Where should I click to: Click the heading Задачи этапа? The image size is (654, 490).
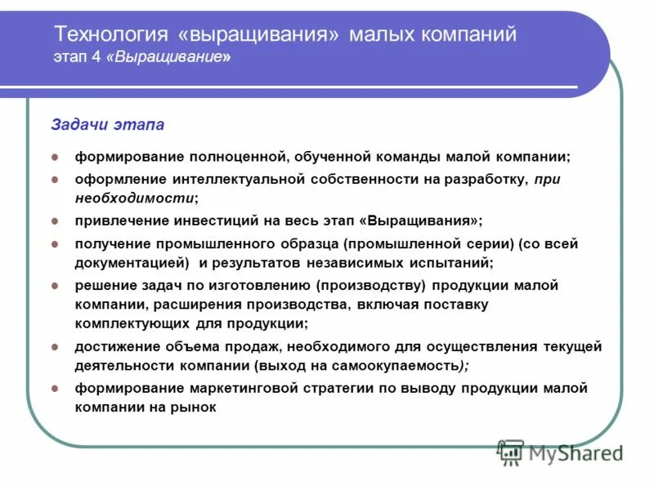tap(107, 125)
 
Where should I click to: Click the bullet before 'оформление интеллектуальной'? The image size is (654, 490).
tap(55, 178)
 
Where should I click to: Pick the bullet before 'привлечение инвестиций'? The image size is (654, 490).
tap(55, 221)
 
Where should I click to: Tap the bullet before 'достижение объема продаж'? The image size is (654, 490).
tap(55, 347)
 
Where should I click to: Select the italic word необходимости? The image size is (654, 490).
tap(135, 198)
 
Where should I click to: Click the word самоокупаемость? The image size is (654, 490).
tap(391, 366)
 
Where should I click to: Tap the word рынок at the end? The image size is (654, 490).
tap(195, 407)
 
